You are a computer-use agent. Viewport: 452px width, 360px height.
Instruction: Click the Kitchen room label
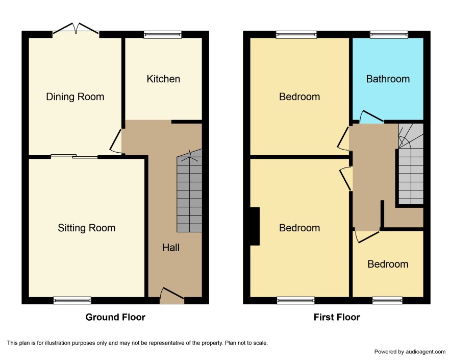(x=163, y=79)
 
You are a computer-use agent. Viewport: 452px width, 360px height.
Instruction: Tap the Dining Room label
(x=75, y=97)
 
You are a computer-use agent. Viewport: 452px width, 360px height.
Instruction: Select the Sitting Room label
(x=87, y=228)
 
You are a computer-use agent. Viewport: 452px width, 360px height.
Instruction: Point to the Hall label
(x=171, y=247)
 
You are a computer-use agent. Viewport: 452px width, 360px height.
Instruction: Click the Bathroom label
(x=388, y=79)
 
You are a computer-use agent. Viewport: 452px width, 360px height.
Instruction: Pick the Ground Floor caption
(x=115, y=317)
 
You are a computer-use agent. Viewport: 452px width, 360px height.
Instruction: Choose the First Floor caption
(x=337, y=317)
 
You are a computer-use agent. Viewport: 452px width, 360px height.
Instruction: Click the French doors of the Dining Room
(x=76, y=30)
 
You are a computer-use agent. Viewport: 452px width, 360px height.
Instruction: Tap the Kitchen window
(x=163, y=35)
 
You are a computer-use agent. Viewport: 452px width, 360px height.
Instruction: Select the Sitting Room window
(x=72, y=300)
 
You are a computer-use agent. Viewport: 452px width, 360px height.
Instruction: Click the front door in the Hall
(x=172, y=295)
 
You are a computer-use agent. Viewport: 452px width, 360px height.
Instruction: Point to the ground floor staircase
(x=189, y=191)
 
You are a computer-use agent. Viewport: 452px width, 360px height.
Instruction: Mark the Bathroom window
(x=389, y=35)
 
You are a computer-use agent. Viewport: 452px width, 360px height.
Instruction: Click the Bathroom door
(x=371, y=116)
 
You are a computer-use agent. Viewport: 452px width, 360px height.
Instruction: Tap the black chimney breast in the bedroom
(x=255, y=226)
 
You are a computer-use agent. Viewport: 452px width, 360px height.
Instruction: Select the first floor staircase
(x=411, y=164)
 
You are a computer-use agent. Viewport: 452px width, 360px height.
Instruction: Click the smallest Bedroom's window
(x=387, y=300)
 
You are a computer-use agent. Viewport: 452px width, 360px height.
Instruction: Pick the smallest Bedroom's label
(x=388, y=264)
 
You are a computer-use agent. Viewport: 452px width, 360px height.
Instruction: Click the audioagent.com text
(x=425, y=352)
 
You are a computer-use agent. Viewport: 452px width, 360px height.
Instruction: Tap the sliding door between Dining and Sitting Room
(x=74, y=156)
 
